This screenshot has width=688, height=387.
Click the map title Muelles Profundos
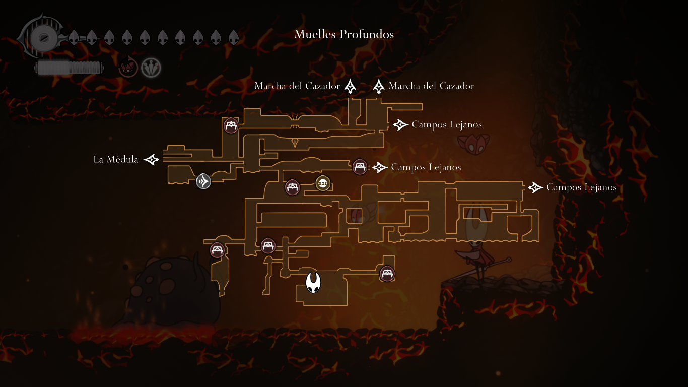[344, 34]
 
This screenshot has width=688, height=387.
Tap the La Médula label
[116, 160]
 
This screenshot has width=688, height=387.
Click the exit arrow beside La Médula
[151, 160]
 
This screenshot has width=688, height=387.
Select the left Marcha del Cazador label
[297, 86]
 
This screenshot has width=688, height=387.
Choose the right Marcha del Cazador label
[432, 86]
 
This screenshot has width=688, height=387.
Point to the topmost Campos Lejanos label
[447, 124]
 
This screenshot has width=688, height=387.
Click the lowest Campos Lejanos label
[581, 187]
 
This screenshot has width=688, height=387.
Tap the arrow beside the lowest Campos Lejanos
[535, 187]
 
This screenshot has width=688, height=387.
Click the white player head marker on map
[313, 282]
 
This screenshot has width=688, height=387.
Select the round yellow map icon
[323, 183]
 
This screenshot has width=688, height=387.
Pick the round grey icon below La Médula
[203, 181]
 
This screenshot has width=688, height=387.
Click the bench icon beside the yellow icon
[293, 187]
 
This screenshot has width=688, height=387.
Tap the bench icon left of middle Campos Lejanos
[359, 166]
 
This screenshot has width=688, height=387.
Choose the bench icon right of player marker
[387, 273]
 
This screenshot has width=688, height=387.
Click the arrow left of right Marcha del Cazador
[379, 86]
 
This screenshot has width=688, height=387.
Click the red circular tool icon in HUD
[128, 67]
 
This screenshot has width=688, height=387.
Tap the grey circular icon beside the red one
[151, 67]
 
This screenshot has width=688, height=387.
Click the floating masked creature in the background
[474, 143]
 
